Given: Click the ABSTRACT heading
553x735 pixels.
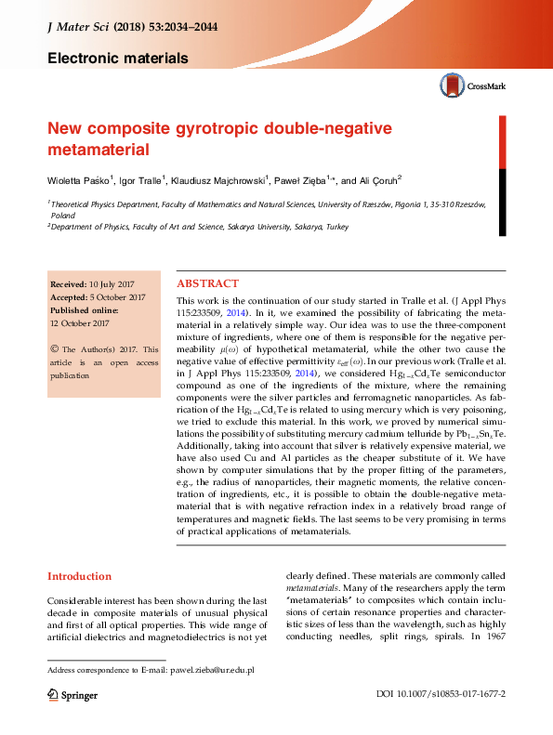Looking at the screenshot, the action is [207, 283].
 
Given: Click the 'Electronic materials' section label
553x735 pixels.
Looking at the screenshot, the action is [118, 59].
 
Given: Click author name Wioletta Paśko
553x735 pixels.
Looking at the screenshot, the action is [79, 179].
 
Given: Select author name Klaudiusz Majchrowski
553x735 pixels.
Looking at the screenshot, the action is [219, 179].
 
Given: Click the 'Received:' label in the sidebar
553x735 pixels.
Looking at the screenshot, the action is [68, 284].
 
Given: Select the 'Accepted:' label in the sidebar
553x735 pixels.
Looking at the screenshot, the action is [68, 297].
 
